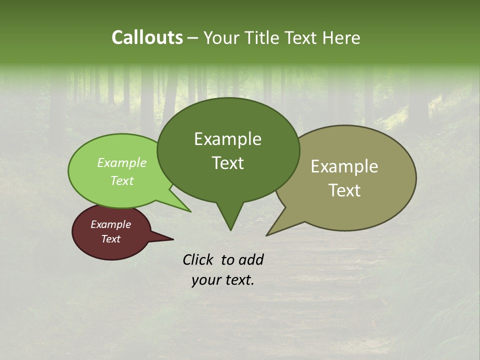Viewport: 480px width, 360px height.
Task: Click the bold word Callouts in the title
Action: pos(147,37)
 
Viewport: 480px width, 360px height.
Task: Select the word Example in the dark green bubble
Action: pos(227,139)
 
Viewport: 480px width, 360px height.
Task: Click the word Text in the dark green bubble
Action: pos(227,163)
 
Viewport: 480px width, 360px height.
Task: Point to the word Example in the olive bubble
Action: pos(344,166)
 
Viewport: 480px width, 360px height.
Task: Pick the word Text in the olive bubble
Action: pos(344,190)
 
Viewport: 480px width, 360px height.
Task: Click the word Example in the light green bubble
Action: pos(121,162)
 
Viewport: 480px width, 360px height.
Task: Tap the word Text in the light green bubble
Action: pos(121,180)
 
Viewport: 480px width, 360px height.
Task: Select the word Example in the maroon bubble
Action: pos(110,224)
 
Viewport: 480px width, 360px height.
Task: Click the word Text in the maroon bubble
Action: pos(110,239)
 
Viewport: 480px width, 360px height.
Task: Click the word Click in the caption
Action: pos(198,259)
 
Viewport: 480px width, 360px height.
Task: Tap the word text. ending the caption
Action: pos(238,280)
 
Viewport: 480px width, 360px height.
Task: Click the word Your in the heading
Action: pos(222,37)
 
